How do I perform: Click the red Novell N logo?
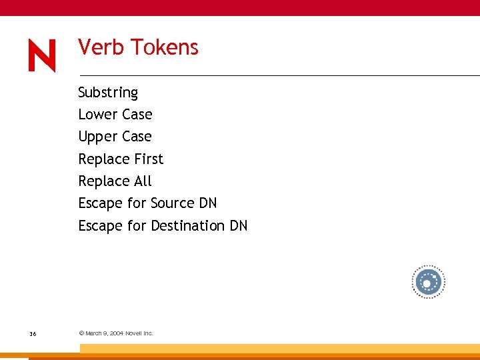tap(42, 56)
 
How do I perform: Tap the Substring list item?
tap(108, 93)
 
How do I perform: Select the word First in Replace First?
tap(148, 159)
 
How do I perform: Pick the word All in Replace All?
tap(143, 181)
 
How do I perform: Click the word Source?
tap(173, 203)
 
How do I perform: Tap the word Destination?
tap(188, 226)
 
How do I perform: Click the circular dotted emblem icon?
tap(427, 283)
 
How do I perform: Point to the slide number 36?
tap(33, 333)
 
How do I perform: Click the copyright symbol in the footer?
tap(81, 333)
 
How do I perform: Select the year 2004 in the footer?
tap(117, 333)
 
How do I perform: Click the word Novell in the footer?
tap(135, 333)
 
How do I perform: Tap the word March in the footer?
tap(94, 333)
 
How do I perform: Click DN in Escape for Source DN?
tap(208, 203)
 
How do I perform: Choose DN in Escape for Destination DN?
tap(239, 226)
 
